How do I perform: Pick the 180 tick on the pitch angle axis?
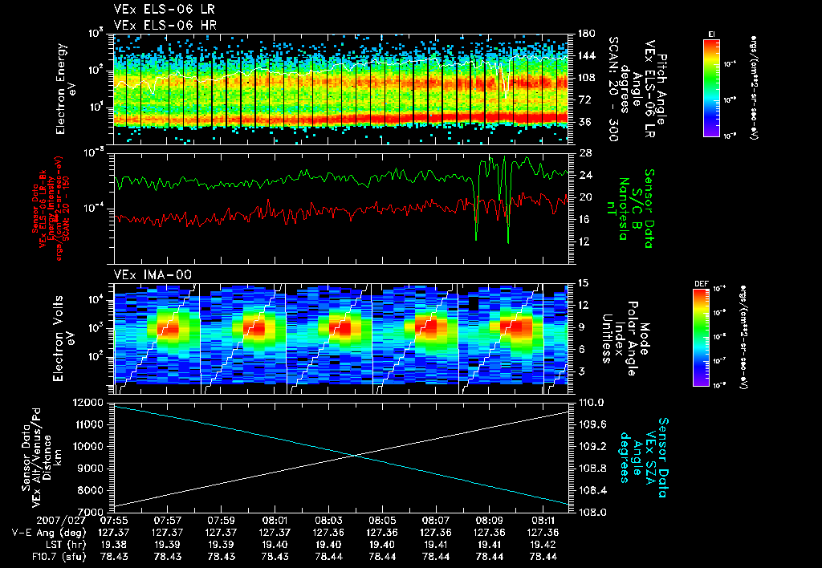coord(580,34)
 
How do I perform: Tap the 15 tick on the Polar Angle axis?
coord(576,283)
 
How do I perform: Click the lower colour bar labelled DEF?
coord(701,337)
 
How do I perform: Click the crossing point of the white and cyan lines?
coord(356,456)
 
